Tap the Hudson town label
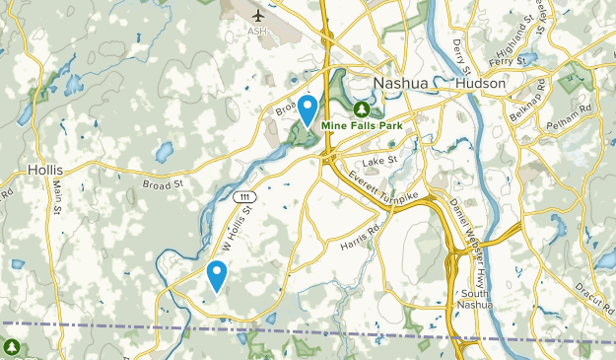480,84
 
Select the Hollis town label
46,170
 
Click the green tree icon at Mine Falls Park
362,108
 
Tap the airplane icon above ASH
259,16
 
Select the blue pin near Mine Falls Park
308,109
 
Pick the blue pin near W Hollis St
217,275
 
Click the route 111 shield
242,197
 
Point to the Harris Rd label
360,239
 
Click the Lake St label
378,161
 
